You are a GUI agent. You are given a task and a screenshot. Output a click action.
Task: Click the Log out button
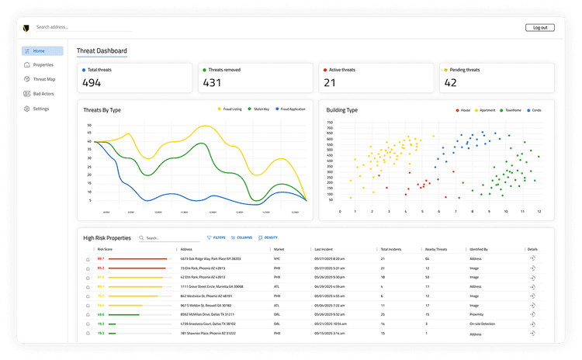(x=539, y=27)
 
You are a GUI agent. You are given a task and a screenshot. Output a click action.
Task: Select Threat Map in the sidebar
(x=43, y=79)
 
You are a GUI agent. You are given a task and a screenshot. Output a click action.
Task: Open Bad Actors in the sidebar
(x=43, y=94)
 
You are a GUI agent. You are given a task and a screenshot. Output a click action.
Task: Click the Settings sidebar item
(x=40, y=109)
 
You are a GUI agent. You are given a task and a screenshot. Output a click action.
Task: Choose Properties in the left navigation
(x=43, y=65)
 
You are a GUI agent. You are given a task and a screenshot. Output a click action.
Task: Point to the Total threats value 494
(x=92, y=83)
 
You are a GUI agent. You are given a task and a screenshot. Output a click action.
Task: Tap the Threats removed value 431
(x=212, y=83)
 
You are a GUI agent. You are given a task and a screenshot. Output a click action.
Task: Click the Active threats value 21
(x=330, y=83)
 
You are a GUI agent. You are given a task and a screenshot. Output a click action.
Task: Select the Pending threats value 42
(x=450, y=83)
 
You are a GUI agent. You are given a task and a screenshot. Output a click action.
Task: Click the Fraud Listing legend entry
(x=230, y=109)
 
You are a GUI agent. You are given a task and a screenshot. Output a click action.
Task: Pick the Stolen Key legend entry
(x=260, y=109)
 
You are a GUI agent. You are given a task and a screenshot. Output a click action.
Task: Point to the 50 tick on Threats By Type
(x=89, y=125)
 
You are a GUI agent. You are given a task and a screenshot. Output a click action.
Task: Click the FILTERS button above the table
(x=217, y=237)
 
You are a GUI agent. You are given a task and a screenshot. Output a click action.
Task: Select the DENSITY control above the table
(x=268, y=237)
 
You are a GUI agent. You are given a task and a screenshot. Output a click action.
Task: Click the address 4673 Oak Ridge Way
(x=210, y=258)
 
